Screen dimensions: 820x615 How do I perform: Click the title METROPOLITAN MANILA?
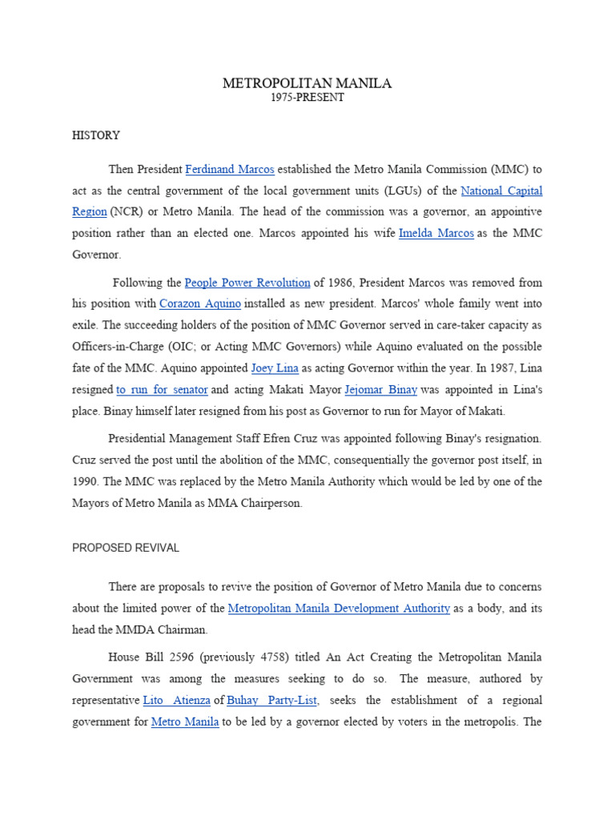click(x=307, y=83)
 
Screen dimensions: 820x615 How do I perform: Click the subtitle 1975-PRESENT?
click(x=307, y=98)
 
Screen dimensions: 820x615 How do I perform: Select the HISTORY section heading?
click(x=96, y=136)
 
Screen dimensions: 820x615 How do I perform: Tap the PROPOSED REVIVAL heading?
click(x=126, y=549)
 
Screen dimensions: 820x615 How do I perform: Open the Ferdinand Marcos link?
click(x=230, y=170)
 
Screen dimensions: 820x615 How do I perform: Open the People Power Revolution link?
click(x=247, y=283)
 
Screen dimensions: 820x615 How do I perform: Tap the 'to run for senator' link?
click(x=162, y=390)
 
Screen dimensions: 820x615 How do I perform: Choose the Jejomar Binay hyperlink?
click(x=380, y=390)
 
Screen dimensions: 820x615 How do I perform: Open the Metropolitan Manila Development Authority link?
click(x=339, y=609)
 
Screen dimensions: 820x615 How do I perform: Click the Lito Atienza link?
click(x=176, y=700)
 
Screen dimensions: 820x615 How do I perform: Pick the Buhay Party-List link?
click(x=272, y=700)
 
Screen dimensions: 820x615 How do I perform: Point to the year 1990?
click(x=86, y=481)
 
